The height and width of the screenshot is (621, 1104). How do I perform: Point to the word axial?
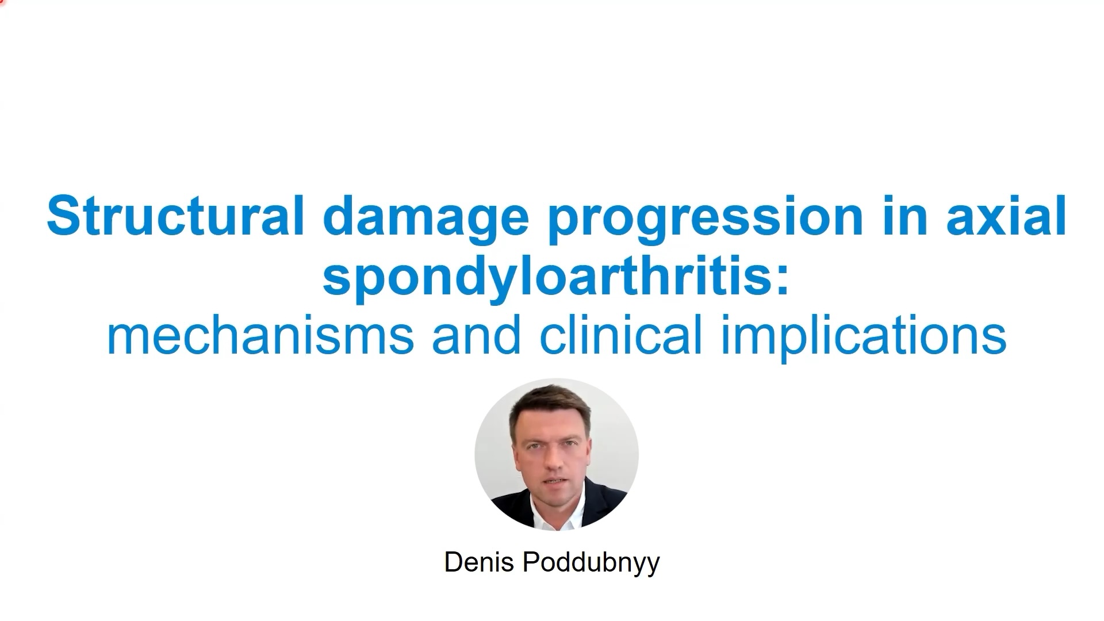[1006, 216]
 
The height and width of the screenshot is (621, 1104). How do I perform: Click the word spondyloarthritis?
[546, 277]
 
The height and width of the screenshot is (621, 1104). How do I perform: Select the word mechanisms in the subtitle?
[260, 336]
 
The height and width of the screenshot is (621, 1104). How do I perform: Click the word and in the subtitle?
[477, 336]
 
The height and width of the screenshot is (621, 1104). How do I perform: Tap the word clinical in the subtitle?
[621, 336]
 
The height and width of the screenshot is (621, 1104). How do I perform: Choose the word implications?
[863, 337]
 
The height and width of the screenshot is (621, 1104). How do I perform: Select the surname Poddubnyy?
[591, 563]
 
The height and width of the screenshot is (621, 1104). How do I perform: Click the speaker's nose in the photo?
[551, 463]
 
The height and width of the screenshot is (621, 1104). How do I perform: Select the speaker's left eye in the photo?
[570, 446]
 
